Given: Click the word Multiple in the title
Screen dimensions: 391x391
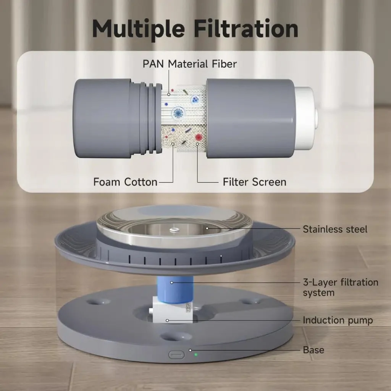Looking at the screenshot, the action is click(138, 29).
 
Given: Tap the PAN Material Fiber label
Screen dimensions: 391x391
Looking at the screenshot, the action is click(189, 64).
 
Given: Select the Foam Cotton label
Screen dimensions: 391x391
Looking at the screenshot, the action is click(125, 182).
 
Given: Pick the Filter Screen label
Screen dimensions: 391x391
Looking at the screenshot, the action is click(254, 182).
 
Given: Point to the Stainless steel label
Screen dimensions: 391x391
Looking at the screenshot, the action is click(335, 229).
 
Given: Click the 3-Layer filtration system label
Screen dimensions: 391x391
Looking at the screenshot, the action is click(340, 287).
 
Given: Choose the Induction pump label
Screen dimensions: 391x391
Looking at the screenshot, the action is click(338, 320).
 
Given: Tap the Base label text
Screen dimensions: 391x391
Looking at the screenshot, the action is click(313, 350).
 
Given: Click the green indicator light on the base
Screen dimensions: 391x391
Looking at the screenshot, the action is click(196, 354).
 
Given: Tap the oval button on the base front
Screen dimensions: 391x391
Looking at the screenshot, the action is click(176, 355).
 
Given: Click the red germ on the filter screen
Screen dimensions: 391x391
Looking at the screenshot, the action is click(199, 137).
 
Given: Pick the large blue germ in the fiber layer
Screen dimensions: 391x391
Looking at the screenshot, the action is click(178, 113).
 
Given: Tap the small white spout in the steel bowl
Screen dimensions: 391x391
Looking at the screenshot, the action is click(174, 229).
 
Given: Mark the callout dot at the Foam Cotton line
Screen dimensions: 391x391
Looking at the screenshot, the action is click(173, 144).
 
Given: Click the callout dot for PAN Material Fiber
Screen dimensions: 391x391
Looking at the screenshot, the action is click(169, 95).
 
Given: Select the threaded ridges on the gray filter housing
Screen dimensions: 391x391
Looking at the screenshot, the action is click(147, 118).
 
